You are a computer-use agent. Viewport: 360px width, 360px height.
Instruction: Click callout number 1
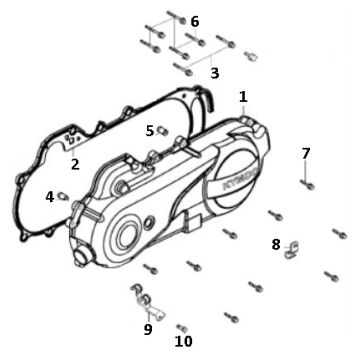click(243, 97)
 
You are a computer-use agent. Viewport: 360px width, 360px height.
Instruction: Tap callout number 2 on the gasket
click(74, 164)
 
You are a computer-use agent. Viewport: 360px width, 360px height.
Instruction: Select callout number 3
click(214, 73)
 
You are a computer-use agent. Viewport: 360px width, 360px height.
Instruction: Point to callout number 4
click(49, 197)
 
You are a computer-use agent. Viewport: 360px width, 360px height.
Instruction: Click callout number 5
click(150, 130)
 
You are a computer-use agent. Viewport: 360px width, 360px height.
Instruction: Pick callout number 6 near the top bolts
click(194, 21)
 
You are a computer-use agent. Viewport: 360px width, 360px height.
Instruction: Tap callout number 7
click(306, 153)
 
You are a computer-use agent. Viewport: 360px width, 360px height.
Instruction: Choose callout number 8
click(276, 243)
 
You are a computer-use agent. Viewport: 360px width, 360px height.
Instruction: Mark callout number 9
click(148, 328)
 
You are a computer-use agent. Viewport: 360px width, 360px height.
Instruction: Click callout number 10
click(185, 341)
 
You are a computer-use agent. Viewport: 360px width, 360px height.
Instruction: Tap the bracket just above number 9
click(143, 295)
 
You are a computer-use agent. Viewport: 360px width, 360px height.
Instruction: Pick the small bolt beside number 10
click(181, 327)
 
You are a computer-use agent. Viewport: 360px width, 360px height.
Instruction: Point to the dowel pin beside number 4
click(62, 194)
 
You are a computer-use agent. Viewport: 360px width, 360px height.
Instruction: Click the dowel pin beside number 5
click(163, 129)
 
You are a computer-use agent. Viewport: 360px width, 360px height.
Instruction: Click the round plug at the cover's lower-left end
click(83, 255)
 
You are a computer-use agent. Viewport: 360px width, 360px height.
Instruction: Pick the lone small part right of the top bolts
click(253, 56)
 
